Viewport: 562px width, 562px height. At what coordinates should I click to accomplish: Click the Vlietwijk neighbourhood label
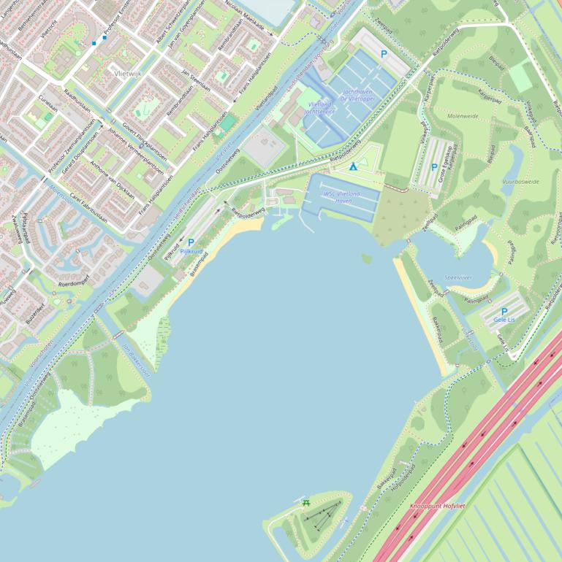(x=129, y=74)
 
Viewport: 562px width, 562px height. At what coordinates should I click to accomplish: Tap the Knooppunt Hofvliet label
(x=437, y=505)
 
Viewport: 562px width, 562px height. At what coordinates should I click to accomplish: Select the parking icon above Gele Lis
(x=504, y=312)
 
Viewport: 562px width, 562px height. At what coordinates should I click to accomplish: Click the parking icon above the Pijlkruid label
(x=191, y=242)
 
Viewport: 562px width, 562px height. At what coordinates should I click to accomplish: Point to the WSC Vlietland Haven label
(x=343, y=197)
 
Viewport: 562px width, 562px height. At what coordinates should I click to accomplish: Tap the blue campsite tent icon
(x=352, y=166)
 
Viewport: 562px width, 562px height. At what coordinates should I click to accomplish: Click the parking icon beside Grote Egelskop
(x=434, y=167)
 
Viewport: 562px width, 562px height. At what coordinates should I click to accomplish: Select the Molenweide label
(x=463, y=116)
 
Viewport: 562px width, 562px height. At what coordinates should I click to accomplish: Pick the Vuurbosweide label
(x=520, y=180)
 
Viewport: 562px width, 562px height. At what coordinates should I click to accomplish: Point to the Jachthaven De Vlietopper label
(x=357, y=95)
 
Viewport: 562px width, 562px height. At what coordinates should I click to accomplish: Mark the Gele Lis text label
(x=504, y=320)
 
